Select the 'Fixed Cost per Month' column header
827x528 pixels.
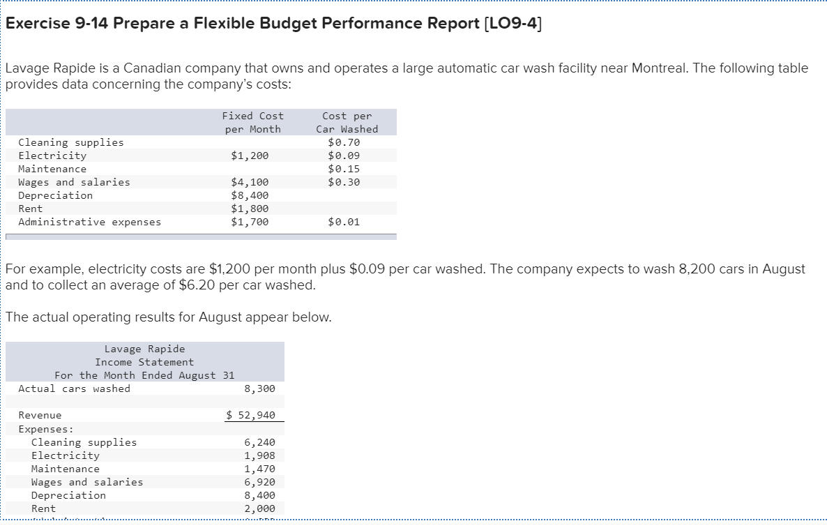[252, 122]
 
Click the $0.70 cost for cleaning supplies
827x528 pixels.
[344, 142]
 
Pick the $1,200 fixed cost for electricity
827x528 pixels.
[250, 156]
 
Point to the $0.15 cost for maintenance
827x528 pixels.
[344, 169]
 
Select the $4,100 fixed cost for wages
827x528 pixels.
[250, 182]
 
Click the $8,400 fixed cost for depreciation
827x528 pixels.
[250, 195]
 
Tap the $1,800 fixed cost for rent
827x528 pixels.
[250, 209]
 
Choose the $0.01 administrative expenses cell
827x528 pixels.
[344, 222]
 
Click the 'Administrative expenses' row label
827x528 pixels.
[89, 222]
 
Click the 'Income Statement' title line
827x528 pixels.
[144, 362]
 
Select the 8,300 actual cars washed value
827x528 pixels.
[259, 389]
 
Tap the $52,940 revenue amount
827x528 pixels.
[251, 415]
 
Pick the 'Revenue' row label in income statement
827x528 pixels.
[40, 415]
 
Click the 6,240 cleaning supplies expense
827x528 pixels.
[259, 442]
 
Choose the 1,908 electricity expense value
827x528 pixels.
[259, 455]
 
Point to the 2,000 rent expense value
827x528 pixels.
[259, 508]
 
